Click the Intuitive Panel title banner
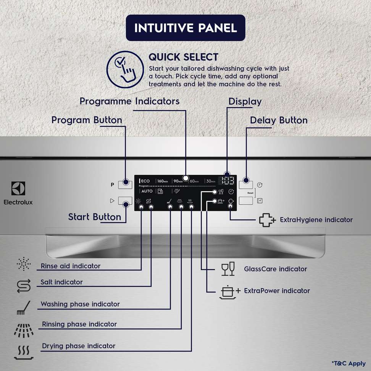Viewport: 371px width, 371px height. [x=185, y=28]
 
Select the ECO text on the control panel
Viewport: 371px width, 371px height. [x=146, y=181]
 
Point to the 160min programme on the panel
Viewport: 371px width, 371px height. [x=163, y=181]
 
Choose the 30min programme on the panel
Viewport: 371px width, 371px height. [x=210, y=181]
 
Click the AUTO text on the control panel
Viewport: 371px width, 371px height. [x=147, y=191]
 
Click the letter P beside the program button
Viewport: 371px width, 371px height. [x=112, y=185]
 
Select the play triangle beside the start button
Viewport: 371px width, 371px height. [x=112, y=201]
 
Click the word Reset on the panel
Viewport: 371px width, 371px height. [x=250, y=193]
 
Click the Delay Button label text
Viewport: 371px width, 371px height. [x=279, y=120]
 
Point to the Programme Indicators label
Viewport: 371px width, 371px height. [x=129, y=101]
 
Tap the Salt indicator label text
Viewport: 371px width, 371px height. [x=61, y=282]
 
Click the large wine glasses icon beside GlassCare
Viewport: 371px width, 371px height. [x=228, y=269]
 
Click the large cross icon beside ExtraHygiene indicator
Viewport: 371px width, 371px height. [x=267, y=220]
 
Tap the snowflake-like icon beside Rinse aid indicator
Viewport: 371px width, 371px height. [x=24, y=264]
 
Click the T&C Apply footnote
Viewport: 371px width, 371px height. [x=348, y=363]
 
